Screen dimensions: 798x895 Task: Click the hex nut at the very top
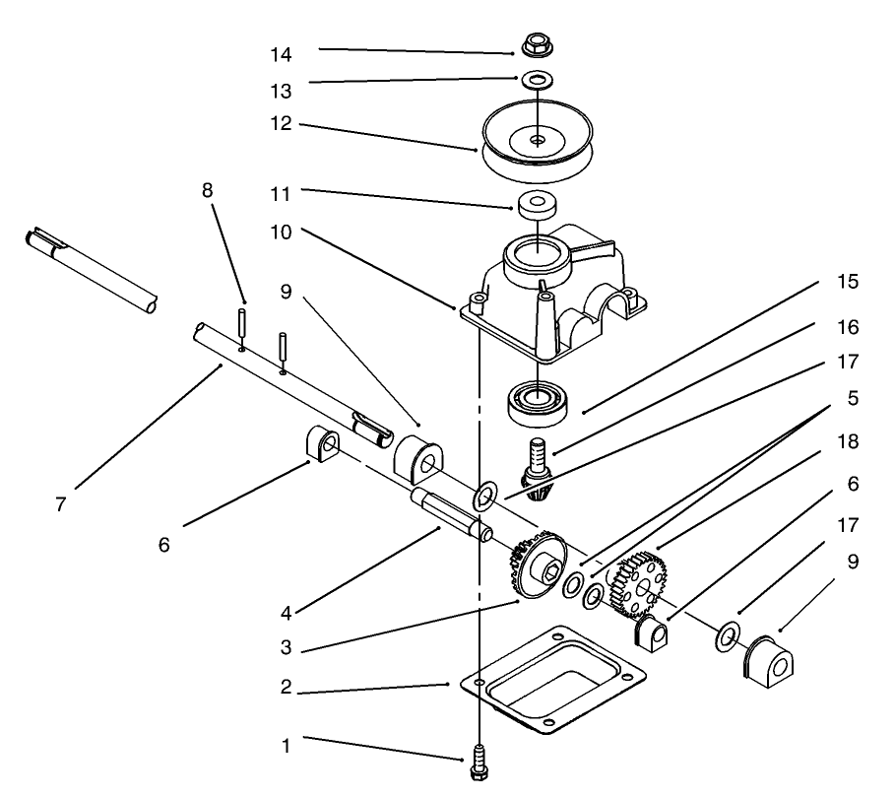[x=537, y=43]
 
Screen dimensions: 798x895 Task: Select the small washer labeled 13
[x=537, y=78]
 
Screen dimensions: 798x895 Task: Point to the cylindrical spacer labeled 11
[x=538, y=205]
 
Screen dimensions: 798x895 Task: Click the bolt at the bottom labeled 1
[x=479, y=762]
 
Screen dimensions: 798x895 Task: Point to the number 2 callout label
[x=286, y=687]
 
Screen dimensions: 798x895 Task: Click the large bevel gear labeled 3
[x=538, y=567]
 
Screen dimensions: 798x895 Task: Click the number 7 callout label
[x=61, y=503]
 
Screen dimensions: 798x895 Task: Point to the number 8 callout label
[x=208, y=190]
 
